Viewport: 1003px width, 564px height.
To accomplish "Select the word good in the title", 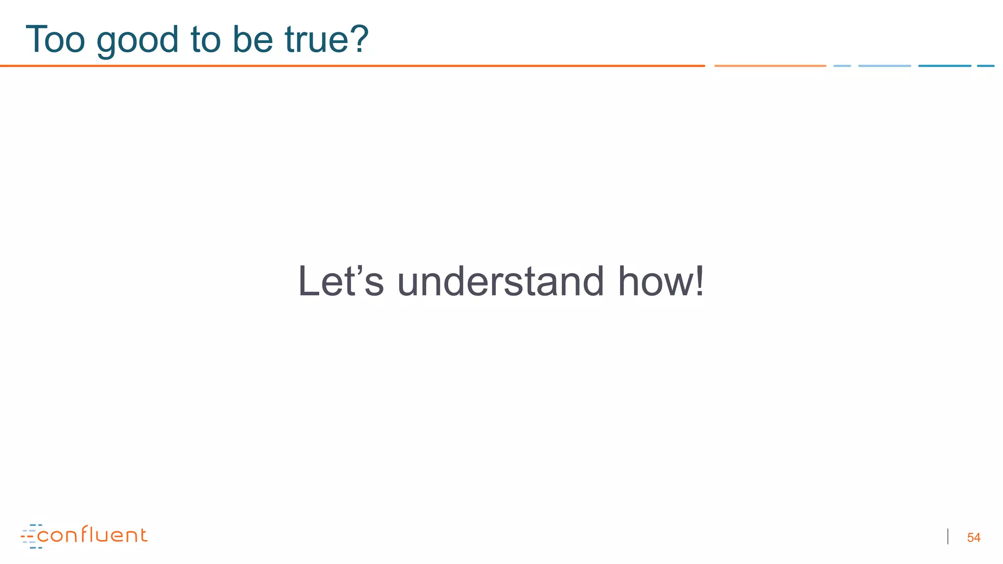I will click(137, 41).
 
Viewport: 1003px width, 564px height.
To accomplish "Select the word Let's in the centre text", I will click(340, 282).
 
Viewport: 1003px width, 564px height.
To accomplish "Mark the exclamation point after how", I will click(699, 282).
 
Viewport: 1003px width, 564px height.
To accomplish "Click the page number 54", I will click(974, 538).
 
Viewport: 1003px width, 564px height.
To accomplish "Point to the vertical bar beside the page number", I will click(948, 537).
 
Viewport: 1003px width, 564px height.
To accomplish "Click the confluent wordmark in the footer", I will click(92, 535).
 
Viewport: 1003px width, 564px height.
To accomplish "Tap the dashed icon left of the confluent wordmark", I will click(30, 537).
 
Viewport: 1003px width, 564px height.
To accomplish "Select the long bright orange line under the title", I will click(353, 66).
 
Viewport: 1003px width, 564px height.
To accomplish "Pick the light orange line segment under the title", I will click(770, 66).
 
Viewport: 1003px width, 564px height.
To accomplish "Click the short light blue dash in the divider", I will click(842, 66).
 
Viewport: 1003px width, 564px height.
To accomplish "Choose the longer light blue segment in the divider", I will click(884, 66).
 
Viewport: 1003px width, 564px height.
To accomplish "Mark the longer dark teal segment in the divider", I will click(944, 66).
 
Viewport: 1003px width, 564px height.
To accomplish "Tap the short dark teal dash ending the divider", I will click(985, 66).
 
